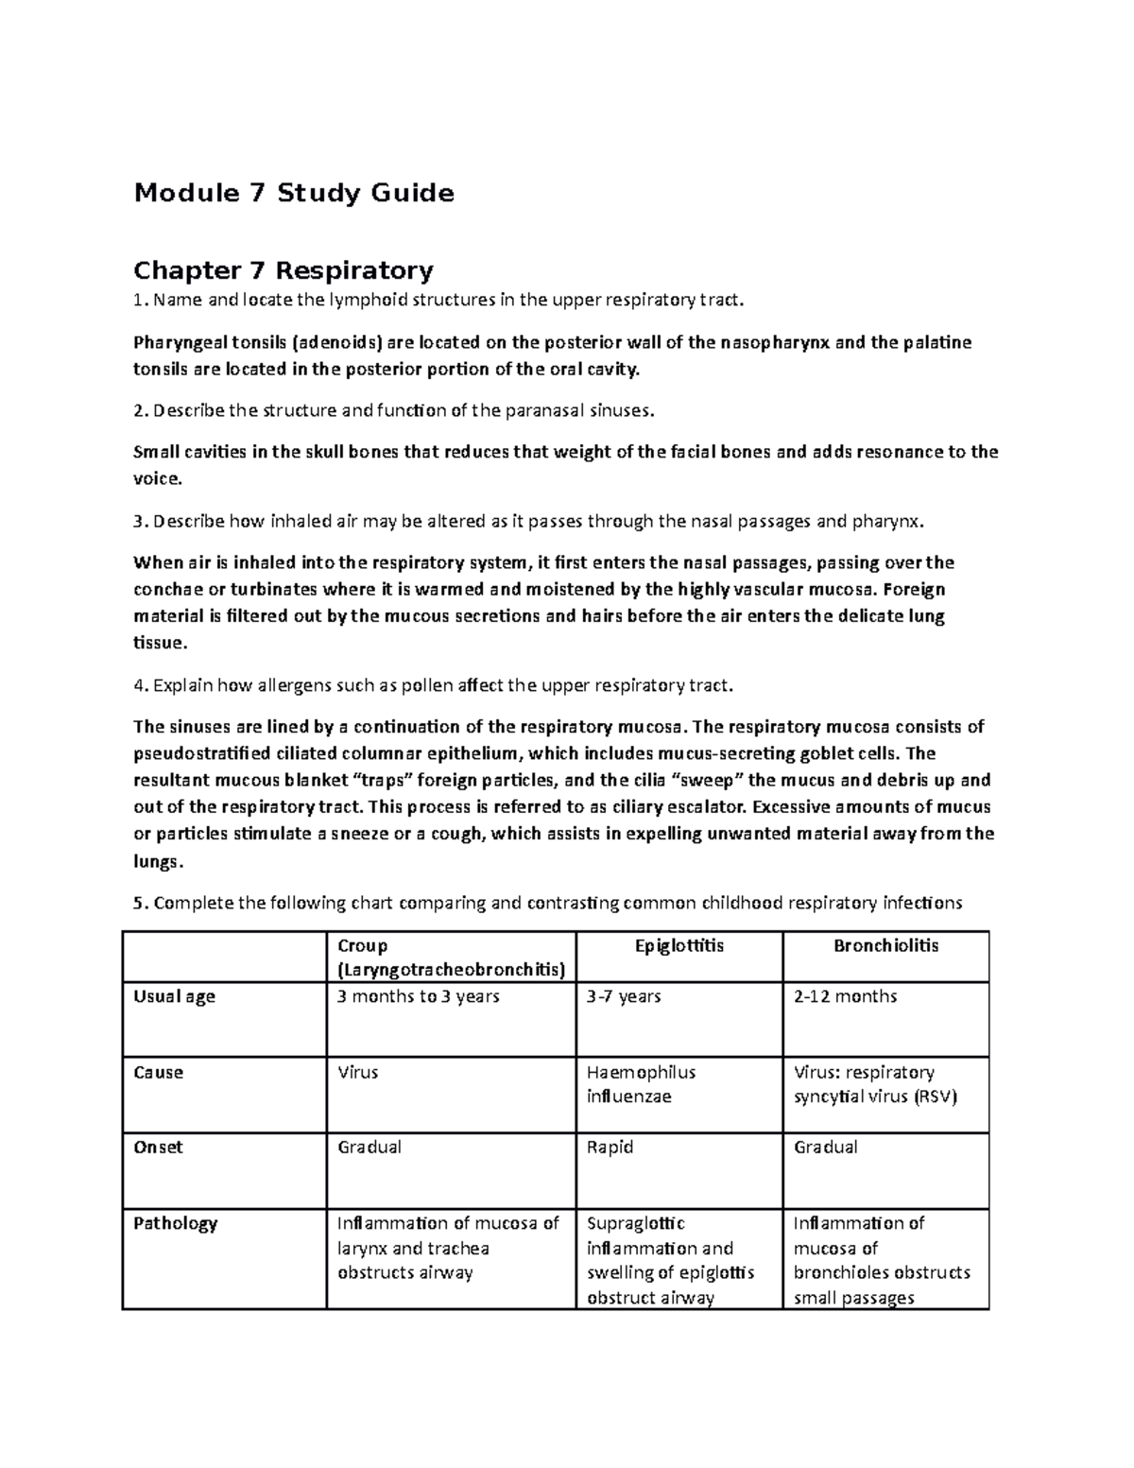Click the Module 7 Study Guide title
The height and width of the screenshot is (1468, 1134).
[293, 194]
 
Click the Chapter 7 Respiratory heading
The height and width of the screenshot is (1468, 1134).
[283, 271]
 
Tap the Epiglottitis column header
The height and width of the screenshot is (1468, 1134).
[679, 946]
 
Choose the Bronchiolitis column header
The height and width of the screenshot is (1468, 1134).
[885, 946]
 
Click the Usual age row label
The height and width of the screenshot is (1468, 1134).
[174, 997]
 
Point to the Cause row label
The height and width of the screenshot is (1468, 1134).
[158, 1073]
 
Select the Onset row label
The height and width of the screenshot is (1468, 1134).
[158, 1148]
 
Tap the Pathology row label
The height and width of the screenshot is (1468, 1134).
[175, 1223]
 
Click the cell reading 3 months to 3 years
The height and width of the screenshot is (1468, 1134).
[419, 997]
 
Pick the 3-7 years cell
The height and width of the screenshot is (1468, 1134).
[624, 997]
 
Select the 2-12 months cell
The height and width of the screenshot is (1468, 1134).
[845, 997]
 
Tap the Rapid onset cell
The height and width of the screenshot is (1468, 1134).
[610, 1148]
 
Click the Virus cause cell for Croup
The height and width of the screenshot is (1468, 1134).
[357, 1073]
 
